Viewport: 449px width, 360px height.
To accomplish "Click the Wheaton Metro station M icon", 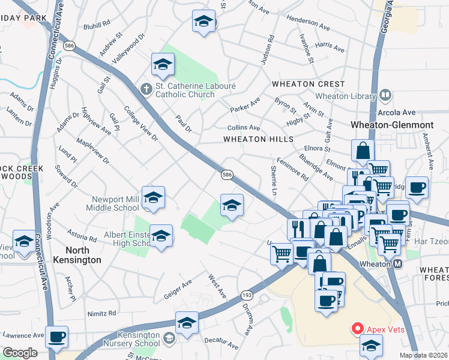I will pyautogui.click(x=397, y=264).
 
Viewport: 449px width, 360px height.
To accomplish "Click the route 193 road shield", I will pyautogui.click(x=248, y=295).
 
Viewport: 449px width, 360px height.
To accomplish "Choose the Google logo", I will pyautogui.click(x=20, y=353).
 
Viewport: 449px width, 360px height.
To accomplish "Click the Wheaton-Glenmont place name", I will pyautogui.click(x=392, y=125).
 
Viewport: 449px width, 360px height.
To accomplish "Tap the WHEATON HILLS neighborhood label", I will pyautogui.click(x=259, y=139).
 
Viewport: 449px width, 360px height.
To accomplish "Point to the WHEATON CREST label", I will pyautogui.click(x=308, y=84).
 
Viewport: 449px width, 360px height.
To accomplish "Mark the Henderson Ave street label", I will pyautogui.click(x=310, y=21).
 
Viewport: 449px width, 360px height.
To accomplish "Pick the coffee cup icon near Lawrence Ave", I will pyautogui.click(x=57, y=338).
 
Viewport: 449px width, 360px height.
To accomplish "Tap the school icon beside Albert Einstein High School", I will pyautogui.click(x=161, y=236).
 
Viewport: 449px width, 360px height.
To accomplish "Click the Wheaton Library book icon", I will pyautogui.click(x=385, y=95).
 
